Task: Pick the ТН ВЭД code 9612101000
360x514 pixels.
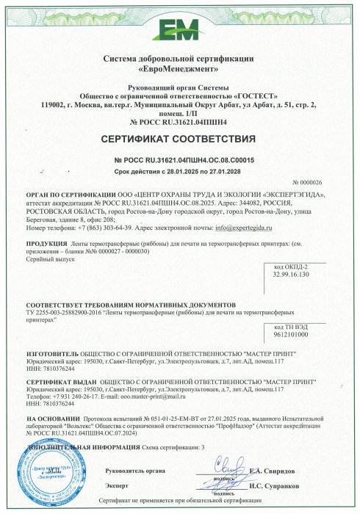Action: click(x=291, y=334)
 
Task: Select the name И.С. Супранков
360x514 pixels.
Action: click(x=274, y=486)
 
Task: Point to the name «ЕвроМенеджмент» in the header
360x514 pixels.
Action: click(x=180, y=68)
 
